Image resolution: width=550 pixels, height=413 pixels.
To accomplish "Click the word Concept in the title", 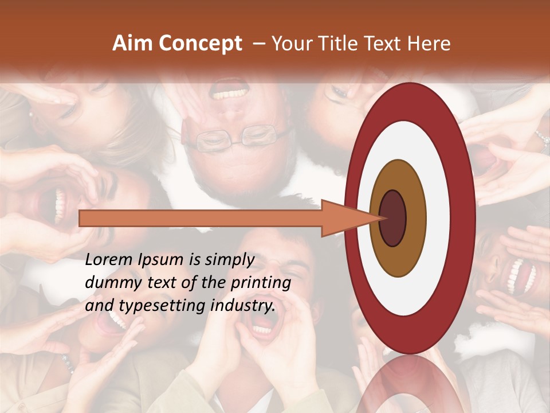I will click(x=201, y=44).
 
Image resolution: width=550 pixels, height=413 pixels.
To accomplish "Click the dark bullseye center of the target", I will click(x=392, y=218).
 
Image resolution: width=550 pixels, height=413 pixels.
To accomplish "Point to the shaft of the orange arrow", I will click(x=201, y=218).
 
